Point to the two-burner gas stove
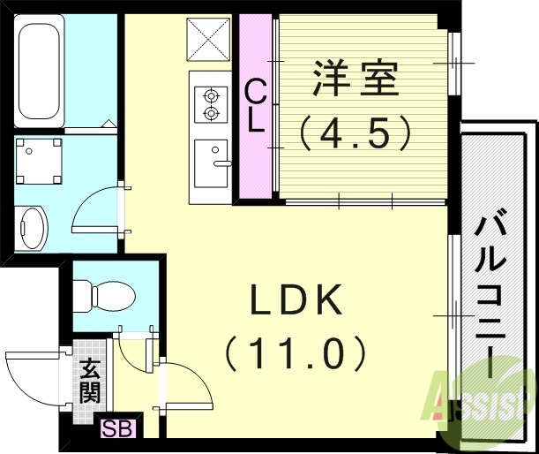click(211, 102)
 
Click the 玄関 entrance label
click(89, 381)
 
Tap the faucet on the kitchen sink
click(221, 163)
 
